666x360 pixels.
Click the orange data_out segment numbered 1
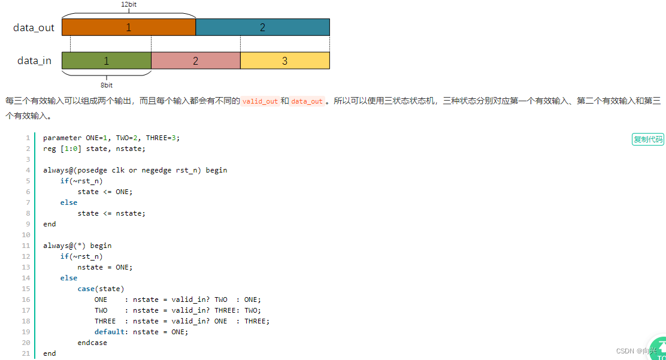coord(128,28)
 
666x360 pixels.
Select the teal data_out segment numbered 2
coord(262,28)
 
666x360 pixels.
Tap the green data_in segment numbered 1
coord(107,60)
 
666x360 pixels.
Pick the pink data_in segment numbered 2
coord(195,60)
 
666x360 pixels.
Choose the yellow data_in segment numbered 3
coord(284,60)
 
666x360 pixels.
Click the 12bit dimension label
coord(129,4)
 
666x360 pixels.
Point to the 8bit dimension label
coord(107,85)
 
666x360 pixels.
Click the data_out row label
coord(34,28)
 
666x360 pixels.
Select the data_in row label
coord(34,60)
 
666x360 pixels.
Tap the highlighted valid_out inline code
coord(260,101)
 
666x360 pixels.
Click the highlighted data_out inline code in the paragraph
coord(307,101)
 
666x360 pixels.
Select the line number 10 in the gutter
coord(26,235)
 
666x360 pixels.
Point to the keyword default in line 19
coord(109,332)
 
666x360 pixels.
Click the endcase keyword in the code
coord(92,343)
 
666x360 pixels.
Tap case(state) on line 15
coord(101,289)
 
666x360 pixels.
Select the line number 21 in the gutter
coord(26,353)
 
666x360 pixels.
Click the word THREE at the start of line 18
coord(105,321)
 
